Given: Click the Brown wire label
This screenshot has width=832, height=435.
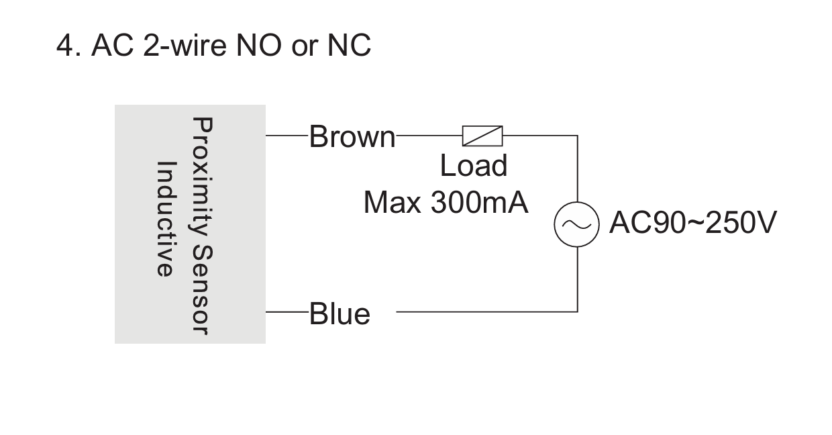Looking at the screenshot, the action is (x=352, y=137).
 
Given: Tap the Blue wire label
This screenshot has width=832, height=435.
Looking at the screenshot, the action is (x=340, y=314).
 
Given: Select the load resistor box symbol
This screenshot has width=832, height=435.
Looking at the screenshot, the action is (x=482, y=136).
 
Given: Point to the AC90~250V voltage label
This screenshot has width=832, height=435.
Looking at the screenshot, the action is (x=693, y=222).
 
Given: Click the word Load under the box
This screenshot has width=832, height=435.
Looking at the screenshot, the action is (x=474, y=166).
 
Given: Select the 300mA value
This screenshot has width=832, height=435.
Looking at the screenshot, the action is (x=479, y=203).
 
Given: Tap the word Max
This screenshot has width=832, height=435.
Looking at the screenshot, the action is (x=393, y=203).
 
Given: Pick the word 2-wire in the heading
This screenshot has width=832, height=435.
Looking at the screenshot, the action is (x=185, y=46).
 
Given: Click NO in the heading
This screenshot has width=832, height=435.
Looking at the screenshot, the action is (x=258, y=46).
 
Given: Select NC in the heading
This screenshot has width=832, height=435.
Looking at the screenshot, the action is (x=349, y=46).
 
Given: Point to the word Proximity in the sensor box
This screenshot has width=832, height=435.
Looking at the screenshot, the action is (x=203, y=177).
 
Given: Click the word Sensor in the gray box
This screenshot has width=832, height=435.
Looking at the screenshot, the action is (x=203, y=290).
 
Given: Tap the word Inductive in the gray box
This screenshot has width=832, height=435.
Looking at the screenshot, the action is (x=165, y=219).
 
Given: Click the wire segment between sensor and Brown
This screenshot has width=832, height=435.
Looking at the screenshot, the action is (x=287, y=136).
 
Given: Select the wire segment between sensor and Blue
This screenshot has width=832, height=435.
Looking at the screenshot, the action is (x=287, y=311).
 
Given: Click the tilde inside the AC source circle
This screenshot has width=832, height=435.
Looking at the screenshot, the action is (x=576, y=224).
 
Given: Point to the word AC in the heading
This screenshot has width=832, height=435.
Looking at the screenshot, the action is (x=112, y=46).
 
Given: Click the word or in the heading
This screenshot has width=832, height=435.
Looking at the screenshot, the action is (x=305, y=48).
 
